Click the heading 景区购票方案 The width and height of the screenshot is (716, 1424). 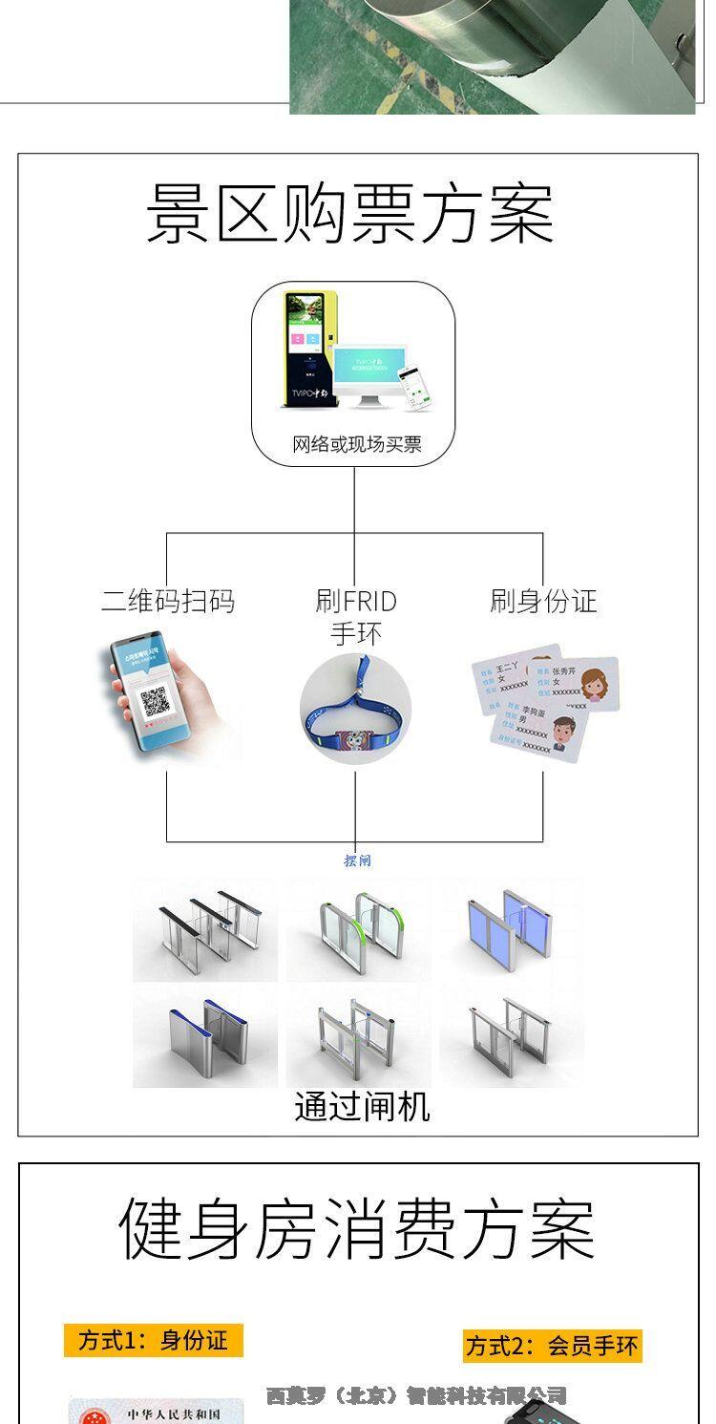click(x=349, y=214)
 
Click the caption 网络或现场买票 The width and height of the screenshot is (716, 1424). click(x=356, y=444)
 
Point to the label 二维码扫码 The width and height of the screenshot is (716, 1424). click(x=168, y=601)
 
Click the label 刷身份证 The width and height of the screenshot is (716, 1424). click(x=542, y=601)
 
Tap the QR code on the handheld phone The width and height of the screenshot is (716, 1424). click(x=155, y=703)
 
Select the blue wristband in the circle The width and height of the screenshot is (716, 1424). click(x=354, y=712)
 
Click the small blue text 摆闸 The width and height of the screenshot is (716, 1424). click(x=357, y=861)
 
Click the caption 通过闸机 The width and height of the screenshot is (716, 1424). click(x=362, y=1107)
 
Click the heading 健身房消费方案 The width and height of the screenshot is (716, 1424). click(x=357, y=1229)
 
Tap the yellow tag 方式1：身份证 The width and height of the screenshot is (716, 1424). click(x=154, y=1340)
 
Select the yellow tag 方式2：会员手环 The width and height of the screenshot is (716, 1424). click(x=552, y=1346)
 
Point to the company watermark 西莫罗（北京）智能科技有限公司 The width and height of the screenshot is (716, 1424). click(x=416, y=1395)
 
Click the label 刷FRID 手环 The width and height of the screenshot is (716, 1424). click(x=355, y=617)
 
